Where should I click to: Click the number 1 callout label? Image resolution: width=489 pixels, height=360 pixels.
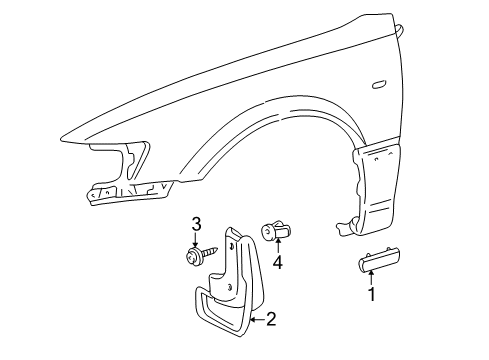372,296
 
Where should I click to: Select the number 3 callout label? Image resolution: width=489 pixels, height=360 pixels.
197,224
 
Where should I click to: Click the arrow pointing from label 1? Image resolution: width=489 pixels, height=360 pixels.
372,280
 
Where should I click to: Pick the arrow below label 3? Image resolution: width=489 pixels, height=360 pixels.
197,240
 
